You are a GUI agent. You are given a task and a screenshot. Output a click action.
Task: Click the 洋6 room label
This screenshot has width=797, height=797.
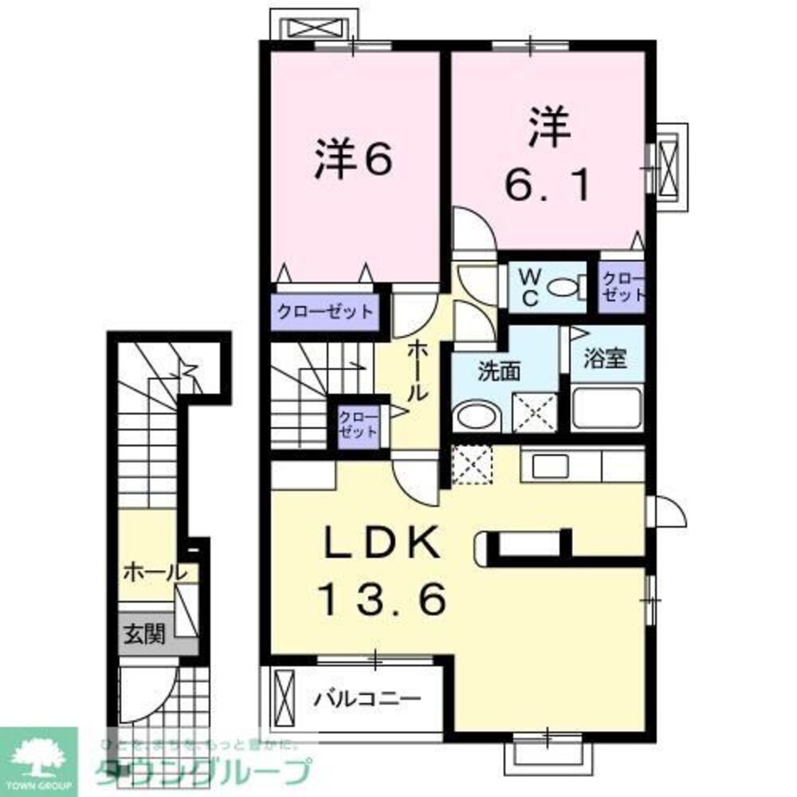[x=353, y=160]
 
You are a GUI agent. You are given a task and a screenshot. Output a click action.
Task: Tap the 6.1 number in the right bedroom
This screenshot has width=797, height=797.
[x=548, y=185]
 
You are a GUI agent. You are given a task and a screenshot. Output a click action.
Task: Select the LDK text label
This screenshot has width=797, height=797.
[x=381, y=545]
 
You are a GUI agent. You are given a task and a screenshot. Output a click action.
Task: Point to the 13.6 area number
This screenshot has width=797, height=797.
[x=382, y=599]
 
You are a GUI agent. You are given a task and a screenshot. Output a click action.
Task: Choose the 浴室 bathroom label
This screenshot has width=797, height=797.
[x=603, y=358]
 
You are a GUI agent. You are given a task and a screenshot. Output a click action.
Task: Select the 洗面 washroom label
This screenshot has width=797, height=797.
[x=501, y=371]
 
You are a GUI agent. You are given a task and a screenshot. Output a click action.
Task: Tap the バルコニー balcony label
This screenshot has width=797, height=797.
[x=367, y=700]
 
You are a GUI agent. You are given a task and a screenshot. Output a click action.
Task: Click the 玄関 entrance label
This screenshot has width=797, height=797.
[x=143, y=635]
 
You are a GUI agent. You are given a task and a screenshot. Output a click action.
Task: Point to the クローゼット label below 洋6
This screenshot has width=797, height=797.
[x=324, y=311]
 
